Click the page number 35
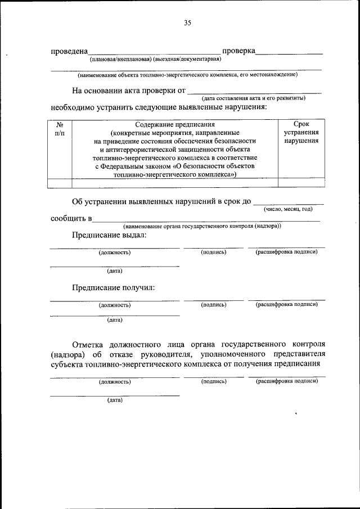[188, 23]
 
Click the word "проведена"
[69, 51]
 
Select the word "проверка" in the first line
[239, 51]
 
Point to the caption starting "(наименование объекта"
[187, 74]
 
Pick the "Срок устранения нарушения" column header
[301, 133]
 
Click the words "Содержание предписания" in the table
[175, 124]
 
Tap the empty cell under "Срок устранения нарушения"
[301, 182]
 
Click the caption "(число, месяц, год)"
[288, 209]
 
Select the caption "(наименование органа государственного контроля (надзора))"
[202, 226]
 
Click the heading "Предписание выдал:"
[109, 235]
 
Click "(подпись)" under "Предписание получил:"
[214, 304]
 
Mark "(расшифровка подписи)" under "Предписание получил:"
[287, 304]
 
